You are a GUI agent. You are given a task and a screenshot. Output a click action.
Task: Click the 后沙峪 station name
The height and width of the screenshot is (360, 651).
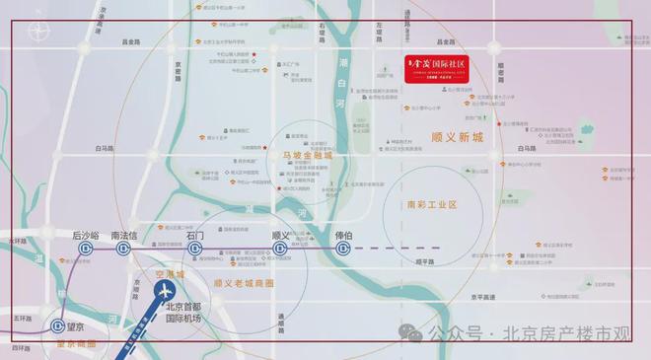(x=87, y=236)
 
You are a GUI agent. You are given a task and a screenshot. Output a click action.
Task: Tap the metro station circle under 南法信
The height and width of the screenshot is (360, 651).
(x=124, y=250)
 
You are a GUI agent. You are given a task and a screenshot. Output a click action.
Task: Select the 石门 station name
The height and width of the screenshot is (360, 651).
(x=194, y=236)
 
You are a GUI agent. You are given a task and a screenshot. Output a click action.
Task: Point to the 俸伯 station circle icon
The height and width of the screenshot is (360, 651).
(x=342, y=250)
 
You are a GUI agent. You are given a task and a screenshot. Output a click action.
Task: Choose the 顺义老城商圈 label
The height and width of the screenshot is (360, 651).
(x=244, y=283)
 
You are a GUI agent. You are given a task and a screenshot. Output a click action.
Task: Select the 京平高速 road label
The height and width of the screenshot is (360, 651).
(x=482, y=295)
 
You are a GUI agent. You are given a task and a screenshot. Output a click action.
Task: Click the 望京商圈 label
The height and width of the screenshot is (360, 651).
(x=76, y=344)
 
